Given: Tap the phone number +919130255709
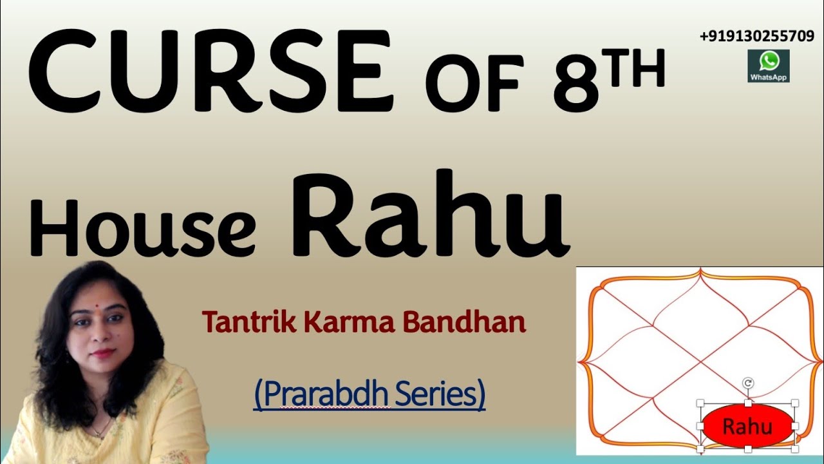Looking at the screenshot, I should pyautogui.click(x=756, y=37).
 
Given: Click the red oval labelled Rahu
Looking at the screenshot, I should pyautogui.click(x=747, y=426).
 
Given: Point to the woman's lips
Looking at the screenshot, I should pyautogui.click(x=101, y=353).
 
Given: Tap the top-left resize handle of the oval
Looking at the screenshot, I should pyautogui.click(x=701, y=404).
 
